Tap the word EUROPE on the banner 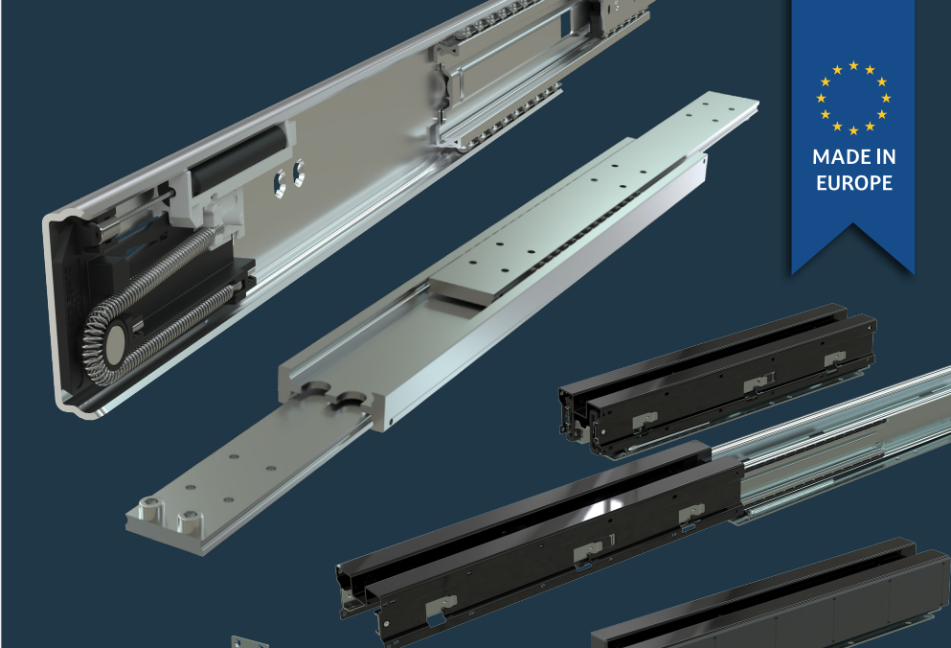click(854, 183)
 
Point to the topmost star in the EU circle click(853, 65)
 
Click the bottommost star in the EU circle click(853, 130)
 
